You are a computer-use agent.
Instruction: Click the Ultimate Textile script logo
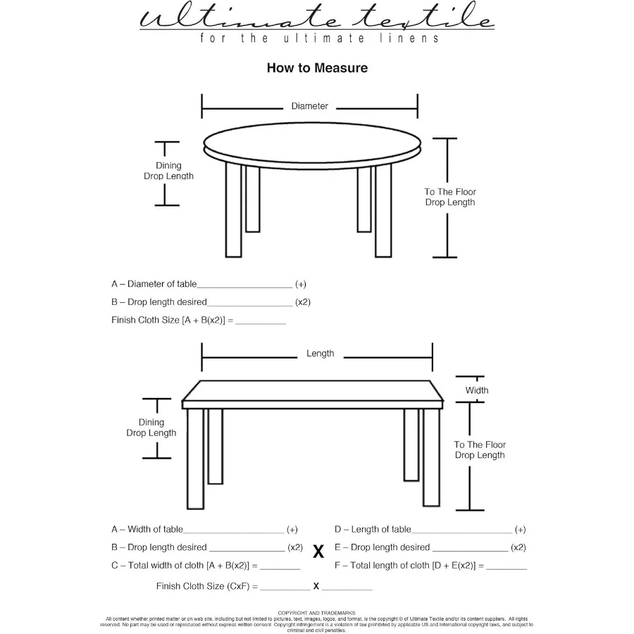click(x=317, y=18)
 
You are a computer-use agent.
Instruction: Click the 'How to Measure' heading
click(x=317, y=68)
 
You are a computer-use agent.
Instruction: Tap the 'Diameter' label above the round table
click(x=310, y=106)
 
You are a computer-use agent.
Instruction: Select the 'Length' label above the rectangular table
click(x=320, y=354)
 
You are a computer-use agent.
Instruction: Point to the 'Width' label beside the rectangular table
click(x=477, y=390)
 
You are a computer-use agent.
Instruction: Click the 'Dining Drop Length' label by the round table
click(x=168, y=171)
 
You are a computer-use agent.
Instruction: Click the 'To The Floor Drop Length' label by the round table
click(x=450, y=197)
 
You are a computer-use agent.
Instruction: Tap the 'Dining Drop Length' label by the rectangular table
click(x=151, y=428)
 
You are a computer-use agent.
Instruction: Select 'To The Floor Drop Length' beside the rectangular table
click(x=480, y=450)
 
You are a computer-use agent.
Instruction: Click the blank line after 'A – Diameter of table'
click(x=244, y=286)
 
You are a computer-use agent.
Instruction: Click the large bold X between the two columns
click(x=318, y=552)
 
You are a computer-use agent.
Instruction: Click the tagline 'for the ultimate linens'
click(x=319, y=38)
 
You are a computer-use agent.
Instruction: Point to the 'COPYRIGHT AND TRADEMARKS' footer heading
click(x=316, y=613)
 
